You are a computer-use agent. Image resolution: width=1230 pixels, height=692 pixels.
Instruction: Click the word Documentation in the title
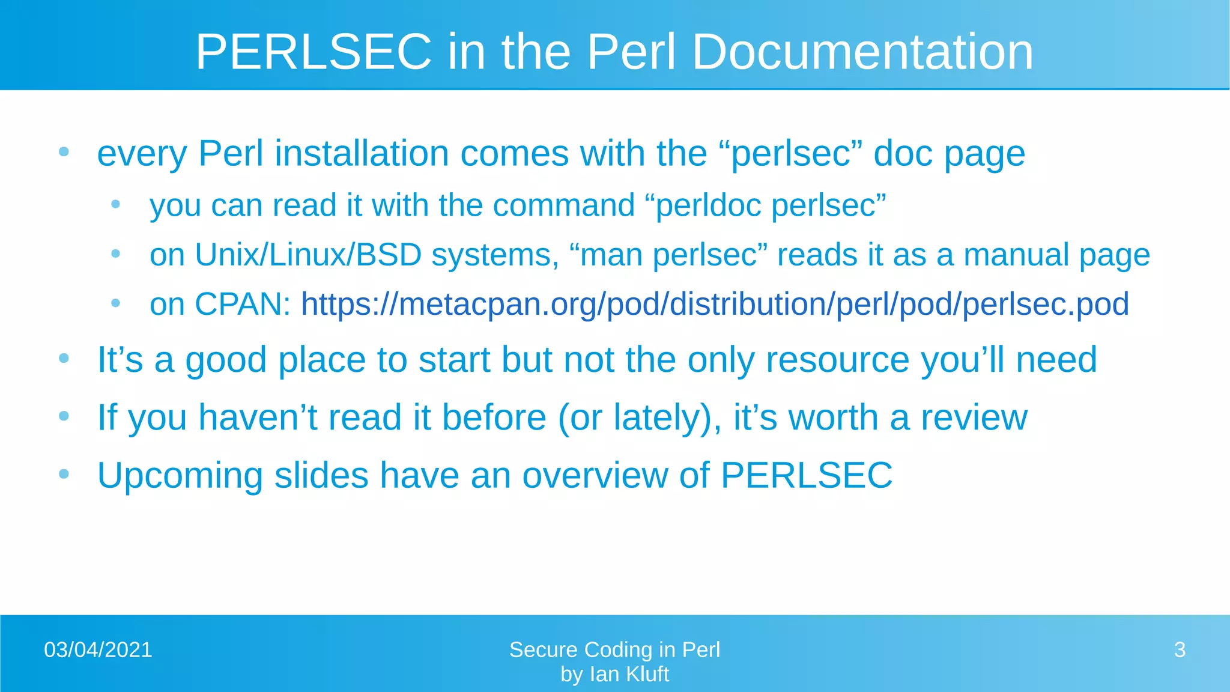click(x=862, y=52)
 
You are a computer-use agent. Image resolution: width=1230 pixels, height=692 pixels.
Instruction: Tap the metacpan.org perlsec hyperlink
click(x=715, y=304)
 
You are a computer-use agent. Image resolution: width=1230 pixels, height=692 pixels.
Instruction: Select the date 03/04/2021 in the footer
click(x=98, y=650)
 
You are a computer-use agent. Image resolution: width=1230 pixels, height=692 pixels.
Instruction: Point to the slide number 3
click(x=1180, y=650)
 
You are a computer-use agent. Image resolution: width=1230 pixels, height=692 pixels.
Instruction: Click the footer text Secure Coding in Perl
click(x=614, y=650)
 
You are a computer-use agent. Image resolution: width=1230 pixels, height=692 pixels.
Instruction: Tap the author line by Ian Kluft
click(x=614, y=675)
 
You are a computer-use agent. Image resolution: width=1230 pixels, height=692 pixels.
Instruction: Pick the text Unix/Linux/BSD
click(x=308, y=255)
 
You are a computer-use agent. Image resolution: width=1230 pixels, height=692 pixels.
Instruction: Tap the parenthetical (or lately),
click(x=640, y=418)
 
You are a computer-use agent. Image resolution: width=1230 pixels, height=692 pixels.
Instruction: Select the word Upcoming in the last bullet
click(x=180, y=476)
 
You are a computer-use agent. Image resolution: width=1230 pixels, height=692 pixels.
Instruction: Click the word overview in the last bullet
click(x=595, y=476)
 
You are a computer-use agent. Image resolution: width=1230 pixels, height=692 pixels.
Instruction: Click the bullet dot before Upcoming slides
click(x=64, y=474)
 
